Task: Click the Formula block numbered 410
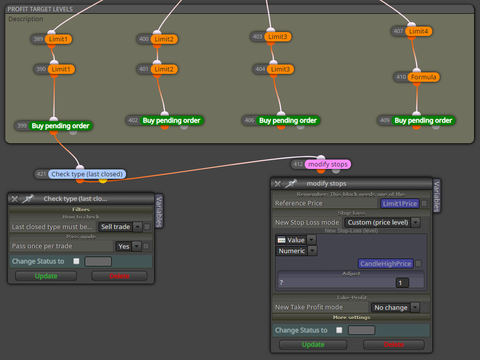pyautogui.click(x=423, y=77)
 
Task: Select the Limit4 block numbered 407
pyautogui.click(x=418, y=31)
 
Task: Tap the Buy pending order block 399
pyautogui.click(x=60, y=126)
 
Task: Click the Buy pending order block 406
pyautogui.click(x=288, y=121)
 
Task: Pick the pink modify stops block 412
pyautogui.click(x=328, y=164)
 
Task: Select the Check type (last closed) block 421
pyautogui.click(x=87, y=174)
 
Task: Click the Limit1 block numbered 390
pyautogui.click(x=61, y=69)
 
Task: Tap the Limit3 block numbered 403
pyautogui.click(x=278, y=37)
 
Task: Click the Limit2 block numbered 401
pyautogui.click(x=164, y=69)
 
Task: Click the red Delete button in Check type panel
pyautogui.click(x=120, y=276)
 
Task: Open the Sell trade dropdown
pyautogui.click(x=120, y=227)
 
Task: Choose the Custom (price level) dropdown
pyautogui.click(x=382, y=223)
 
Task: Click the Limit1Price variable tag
pyautogui.click(x=400, y=203)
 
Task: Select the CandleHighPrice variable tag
pyautogui.click(x=385, y=263)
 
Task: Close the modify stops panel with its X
pyautogui.click(x=278, y=184)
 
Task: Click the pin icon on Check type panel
pyautogui.click(x=28, y=199)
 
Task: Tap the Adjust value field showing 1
pyautogui.click(x=402, y=283)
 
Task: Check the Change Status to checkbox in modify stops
pyautogui.click(x=339, y=330)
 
